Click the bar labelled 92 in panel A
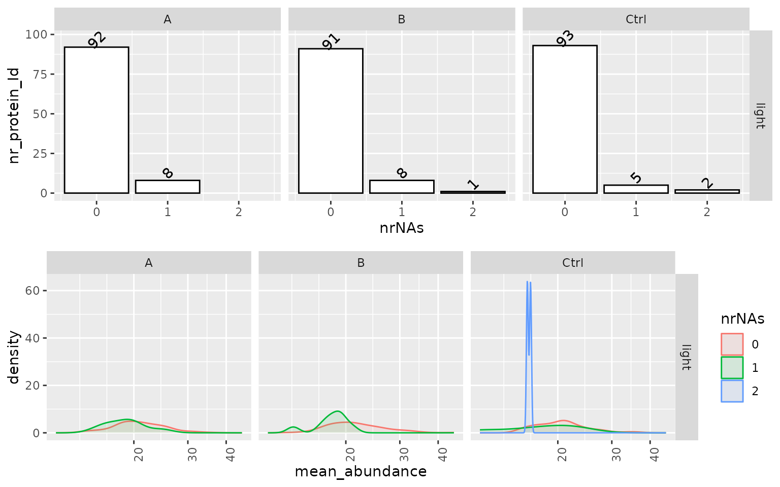coord(96,120)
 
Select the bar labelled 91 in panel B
coord(331,121)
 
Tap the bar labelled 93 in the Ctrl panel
coord(565,119)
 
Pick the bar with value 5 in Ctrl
coord(636,189)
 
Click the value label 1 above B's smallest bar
coord(473,184)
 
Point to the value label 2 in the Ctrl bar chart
coord(707,183)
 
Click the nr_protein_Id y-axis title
coord(14,116)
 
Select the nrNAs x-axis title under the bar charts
coord(401,228)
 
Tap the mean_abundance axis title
coord(361,472)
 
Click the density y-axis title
coord(14,357)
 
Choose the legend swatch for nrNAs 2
coord(732,391)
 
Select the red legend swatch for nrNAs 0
coord(732,344)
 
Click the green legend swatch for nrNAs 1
coord(732,368)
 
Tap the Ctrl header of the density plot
coord(573,263)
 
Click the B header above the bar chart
coord(401,19)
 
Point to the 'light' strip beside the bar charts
coord(760,116)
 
